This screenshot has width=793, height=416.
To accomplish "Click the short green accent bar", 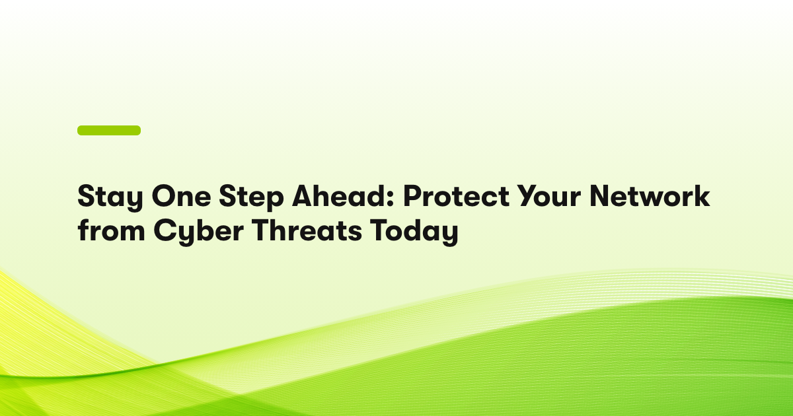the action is (109, 130).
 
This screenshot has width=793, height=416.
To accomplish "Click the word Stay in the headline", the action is (110, 197).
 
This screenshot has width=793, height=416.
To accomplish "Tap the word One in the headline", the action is (182, 195).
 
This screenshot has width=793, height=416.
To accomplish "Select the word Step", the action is (251, 197).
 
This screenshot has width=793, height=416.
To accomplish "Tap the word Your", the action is (549, 195).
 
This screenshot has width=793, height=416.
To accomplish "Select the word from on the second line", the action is (111, 230).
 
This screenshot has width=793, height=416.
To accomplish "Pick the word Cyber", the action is (199, 232).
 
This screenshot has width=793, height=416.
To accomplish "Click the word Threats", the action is (307, 230).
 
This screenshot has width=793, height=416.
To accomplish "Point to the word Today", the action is (414, 232).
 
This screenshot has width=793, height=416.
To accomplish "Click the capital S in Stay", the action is (86, 195).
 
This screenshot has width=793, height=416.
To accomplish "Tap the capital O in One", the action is (164, 195).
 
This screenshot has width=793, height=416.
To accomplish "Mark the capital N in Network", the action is (601, 195).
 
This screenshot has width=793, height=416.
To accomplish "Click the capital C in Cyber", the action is (165, 230).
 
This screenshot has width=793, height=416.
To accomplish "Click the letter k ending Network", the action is (700, 195).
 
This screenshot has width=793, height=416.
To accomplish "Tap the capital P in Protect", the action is (413, 195).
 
